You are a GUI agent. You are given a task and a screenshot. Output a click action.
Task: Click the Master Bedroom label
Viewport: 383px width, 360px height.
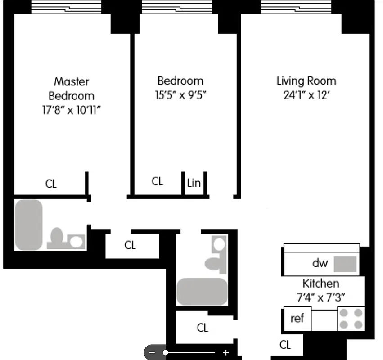click(x=72, y=89)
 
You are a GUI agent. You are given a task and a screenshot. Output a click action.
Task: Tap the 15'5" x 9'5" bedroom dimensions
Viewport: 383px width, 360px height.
click(x=180, y=95)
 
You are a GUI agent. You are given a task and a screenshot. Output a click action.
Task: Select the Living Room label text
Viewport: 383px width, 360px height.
click(x=306, y=81)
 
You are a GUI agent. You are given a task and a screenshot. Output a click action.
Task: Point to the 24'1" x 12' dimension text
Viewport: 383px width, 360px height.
click(x=306, y=95)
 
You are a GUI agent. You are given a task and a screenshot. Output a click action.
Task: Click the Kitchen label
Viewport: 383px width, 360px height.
click(x=320, y=283)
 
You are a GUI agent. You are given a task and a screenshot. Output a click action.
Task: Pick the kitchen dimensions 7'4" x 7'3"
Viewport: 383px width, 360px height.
click(x=320, y=297)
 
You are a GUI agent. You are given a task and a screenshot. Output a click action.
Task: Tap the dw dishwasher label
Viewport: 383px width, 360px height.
click(x=320, y=263)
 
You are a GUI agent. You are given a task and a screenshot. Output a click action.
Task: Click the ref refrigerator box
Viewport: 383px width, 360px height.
click(x=297, y=319)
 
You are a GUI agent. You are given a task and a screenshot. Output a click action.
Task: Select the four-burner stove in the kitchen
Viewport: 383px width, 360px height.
click(x=351, y=319)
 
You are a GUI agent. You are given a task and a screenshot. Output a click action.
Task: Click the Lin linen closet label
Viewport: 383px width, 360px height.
click(x=194, y=184)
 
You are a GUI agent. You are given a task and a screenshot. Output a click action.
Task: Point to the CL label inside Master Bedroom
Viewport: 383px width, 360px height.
click(x=51, y=184)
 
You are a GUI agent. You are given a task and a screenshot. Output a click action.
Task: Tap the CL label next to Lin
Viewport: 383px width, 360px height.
click(x=157, y=181)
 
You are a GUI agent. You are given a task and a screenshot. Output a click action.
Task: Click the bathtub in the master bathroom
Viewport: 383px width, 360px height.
click(x=28, y=225)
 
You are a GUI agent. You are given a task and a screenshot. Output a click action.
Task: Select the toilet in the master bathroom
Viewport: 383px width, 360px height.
click(x=57, y=238)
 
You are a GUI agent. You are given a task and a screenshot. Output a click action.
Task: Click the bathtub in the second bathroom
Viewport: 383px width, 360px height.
click(x=202, y=292)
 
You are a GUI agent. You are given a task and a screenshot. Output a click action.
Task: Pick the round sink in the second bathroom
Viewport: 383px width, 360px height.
click(x=219, y=245)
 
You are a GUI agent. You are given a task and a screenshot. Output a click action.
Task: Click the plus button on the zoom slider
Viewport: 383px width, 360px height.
click(x=226, y=353)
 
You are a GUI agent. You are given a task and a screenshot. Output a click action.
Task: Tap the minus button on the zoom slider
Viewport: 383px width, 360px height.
click(x=152, y=353)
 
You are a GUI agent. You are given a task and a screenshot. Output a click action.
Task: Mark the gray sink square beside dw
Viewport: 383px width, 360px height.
click(x=345, y=264)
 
